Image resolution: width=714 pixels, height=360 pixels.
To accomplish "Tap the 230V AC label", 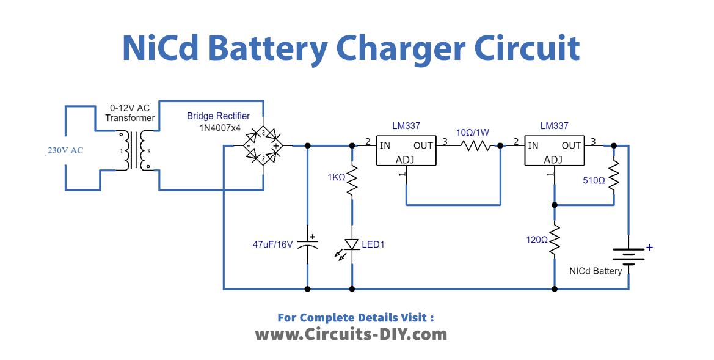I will [x=65, y=151].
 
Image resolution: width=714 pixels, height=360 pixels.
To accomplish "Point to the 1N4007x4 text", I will [x=218, y=128].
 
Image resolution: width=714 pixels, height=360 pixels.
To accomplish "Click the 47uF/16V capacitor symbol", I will [x=307, y=244].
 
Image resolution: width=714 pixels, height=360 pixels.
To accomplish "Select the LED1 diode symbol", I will [x=352, y=244].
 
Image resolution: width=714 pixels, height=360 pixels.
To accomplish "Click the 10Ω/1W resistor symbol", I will [x=476, y=146].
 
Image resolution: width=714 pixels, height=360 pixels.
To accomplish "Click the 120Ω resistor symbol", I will [x=555, y=240].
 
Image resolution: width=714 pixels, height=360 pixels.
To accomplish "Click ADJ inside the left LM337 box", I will [x=406, y=160].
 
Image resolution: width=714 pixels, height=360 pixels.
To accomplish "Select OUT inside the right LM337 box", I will [x=571, y=145].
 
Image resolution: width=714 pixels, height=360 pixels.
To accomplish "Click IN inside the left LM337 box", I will [x=385, y=145].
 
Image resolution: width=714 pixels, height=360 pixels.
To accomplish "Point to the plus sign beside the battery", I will [x=649, y=248].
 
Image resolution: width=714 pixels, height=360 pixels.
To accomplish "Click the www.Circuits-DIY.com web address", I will [x=351, y=334].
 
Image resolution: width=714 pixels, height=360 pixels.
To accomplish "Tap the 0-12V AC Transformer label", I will [x=129, y=112].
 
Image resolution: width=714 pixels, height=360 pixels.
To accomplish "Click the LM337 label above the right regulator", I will [x=554, y=126].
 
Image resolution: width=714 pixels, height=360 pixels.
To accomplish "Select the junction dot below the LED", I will [x=352, y=288].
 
